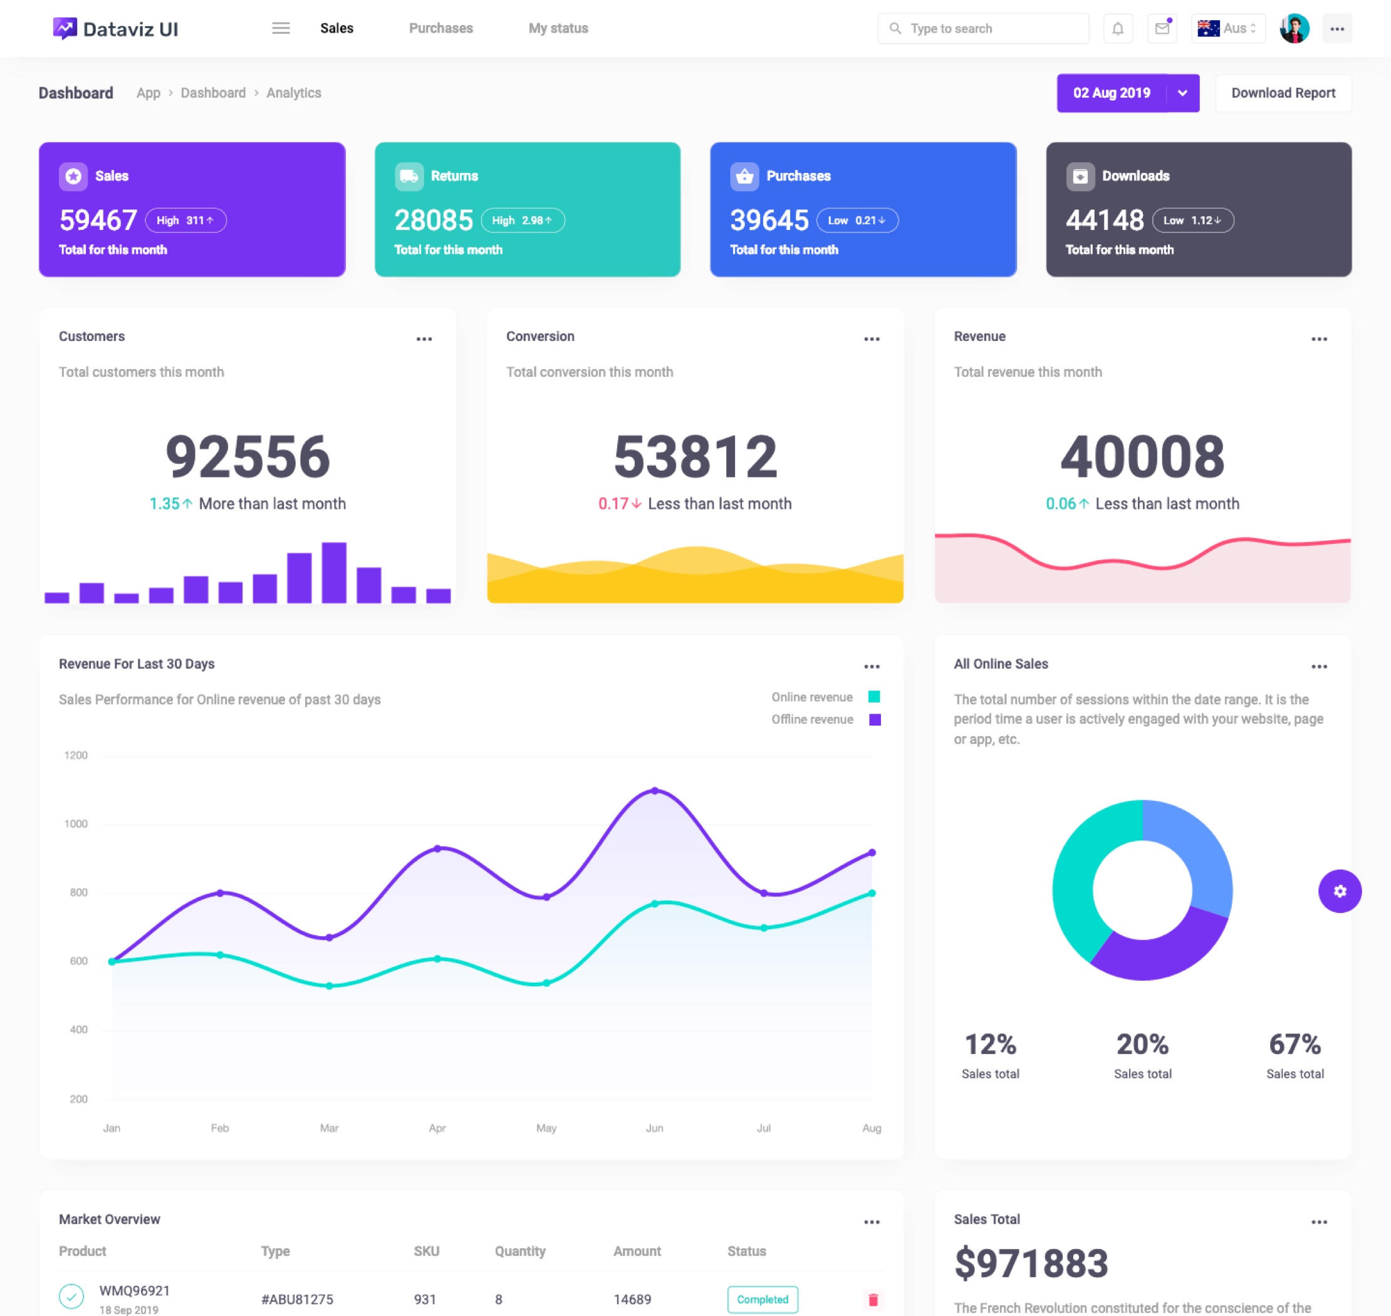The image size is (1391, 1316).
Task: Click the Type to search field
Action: click(989, 29)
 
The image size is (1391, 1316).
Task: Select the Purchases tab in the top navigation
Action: click(440, 29)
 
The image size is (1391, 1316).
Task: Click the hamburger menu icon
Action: click(281, 29)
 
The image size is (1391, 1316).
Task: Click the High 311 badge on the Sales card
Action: click(186, 220)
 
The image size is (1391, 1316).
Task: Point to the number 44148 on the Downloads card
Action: click(1104, 220)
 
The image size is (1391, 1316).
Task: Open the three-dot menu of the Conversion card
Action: click(871, 339)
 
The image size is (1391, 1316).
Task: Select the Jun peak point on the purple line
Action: click(655, 791)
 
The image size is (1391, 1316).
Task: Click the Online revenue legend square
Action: click(874, 697)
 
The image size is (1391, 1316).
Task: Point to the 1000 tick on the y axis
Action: click(76, 823)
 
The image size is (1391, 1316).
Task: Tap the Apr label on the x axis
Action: click(437, 1128)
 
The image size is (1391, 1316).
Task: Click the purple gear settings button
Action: click(1339, 891)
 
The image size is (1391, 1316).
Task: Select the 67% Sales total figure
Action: click(1295, 1045)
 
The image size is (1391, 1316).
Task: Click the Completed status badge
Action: click(762, 1299)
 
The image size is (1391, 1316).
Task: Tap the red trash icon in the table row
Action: click(873, 1300)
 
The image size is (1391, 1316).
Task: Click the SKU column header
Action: click(426, 1251)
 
